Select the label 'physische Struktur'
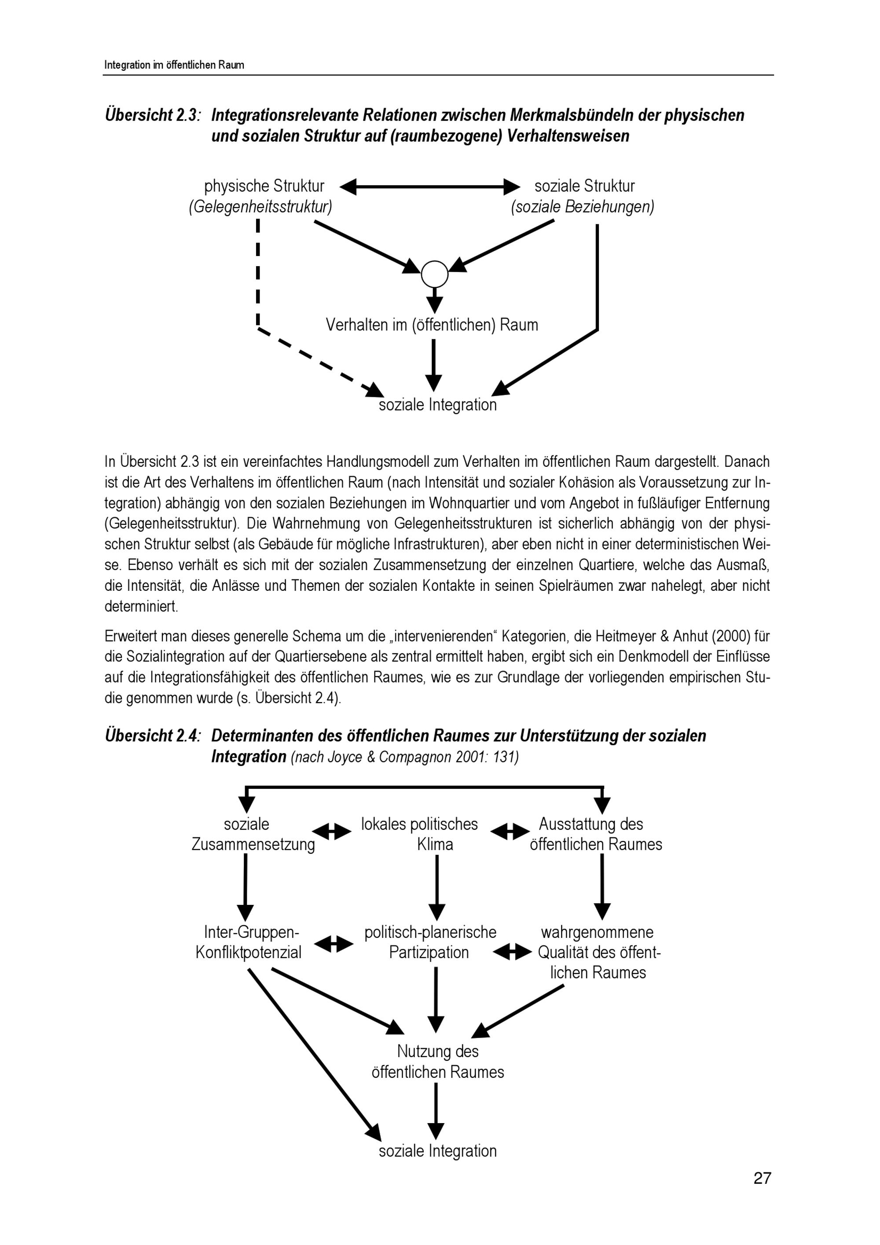264,186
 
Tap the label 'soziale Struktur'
584,186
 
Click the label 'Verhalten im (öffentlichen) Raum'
432,325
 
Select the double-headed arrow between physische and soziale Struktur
430,187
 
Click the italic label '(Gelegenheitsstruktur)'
260,207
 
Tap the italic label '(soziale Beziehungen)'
582,207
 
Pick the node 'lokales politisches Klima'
420,834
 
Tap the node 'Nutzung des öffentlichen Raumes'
437,1061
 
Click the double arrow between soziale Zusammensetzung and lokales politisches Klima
332,831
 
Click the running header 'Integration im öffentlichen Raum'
174,65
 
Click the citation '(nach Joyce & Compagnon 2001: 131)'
404,757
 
